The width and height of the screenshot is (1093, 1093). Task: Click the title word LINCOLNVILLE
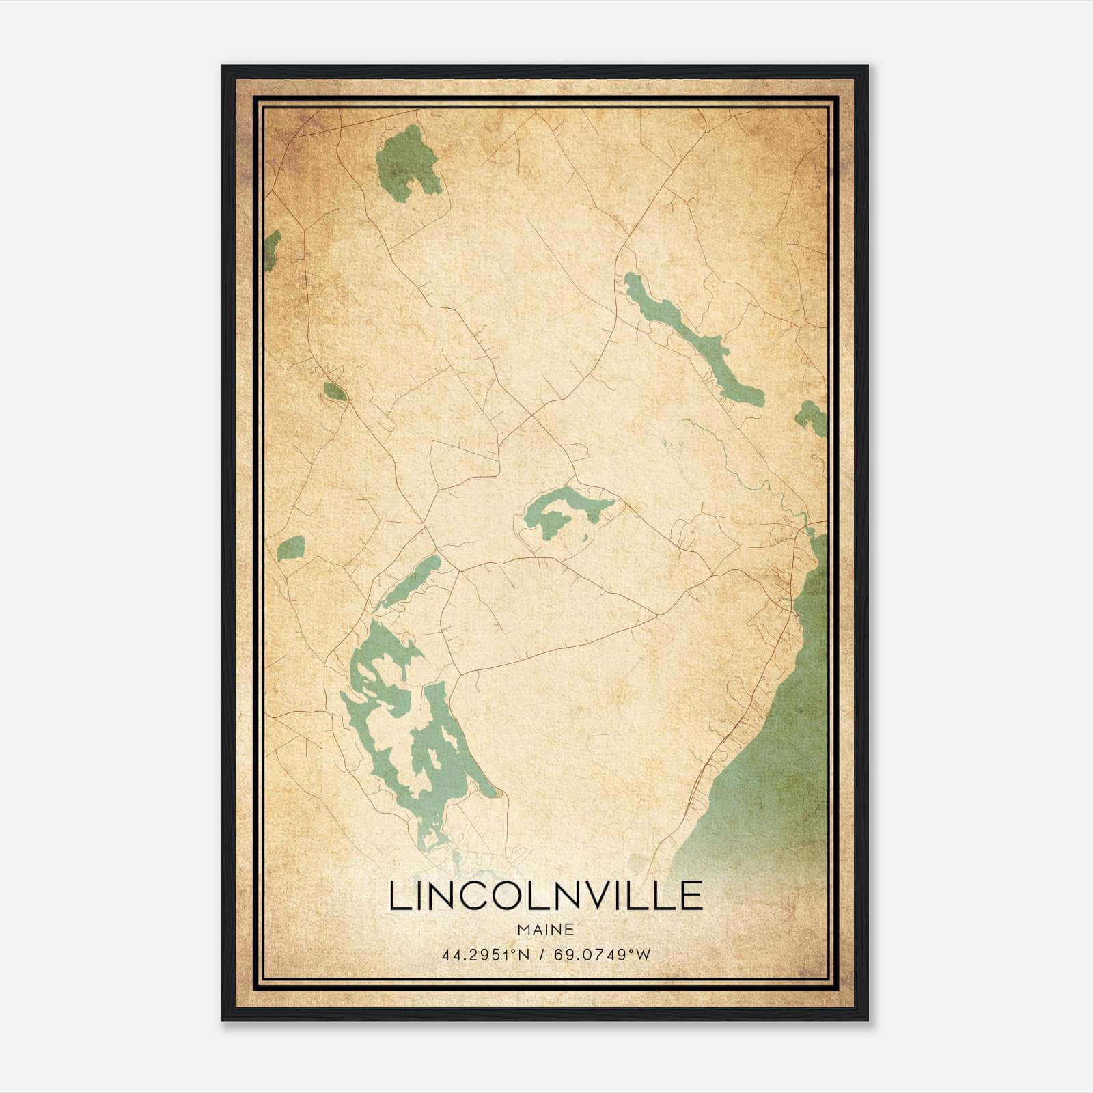pyautogui.click(x=546, y=896)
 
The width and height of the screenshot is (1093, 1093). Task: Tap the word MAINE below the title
pyautogui.click(x=545, y=930)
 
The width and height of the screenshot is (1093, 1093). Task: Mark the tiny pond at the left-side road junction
pyautogui.click(x=335, y=391)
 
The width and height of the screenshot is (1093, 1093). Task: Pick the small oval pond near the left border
pyautogui.click(x=291, y=547)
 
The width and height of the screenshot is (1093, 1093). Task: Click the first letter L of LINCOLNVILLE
pyautogui.click(x=399, y=896)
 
